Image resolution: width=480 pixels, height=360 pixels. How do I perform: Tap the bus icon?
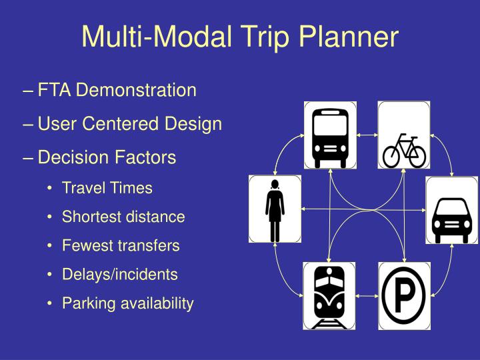pyautogui.click(x=330, y=135)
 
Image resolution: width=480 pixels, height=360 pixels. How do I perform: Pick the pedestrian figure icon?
pyautogui.click(x=275, y=209)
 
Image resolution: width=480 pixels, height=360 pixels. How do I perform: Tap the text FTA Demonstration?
pyautogui.click(x=117, y=90)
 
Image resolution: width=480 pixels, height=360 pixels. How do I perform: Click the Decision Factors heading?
pyautogui.click(x=107, y=157)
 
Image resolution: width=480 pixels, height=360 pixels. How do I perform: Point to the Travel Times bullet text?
pyautogui.click(x=107, y=188)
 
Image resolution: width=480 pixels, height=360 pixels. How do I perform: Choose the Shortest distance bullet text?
pyautogui.click(x=123, y=217)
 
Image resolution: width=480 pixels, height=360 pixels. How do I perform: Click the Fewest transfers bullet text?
pyautogui.click(x=121, y=245)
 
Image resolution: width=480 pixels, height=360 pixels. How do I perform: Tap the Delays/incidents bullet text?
pyautogui.click(x=120, y=274)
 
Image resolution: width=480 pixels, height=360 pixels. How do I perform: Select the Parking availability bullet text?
pyautogui.click(x=127, y=303)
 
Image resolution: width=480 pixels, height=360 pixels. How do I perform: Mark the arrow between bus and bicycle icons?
pyautogui.click(x=367, y=135)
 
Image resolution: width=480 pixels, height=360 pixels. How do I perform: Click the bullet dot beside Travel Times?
pyautogui.click(x=51, y=189)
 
